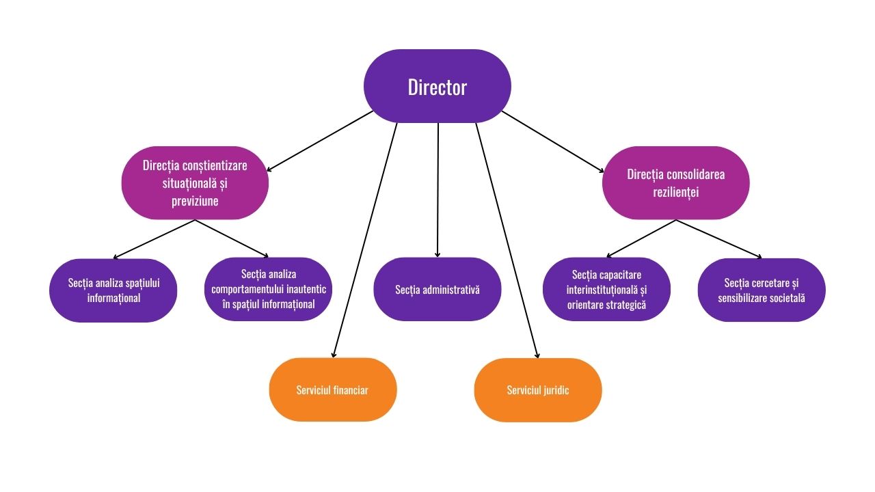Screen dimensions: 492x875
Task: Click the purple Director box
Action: point(437,87)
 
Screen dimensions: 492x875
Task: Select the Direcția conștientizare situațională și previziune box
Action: point(195,183)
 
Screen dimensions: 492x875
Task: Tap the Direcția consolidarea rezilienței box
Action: point(675,183)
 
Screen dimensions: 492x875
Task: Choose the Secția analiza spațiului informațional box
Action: point(113,290)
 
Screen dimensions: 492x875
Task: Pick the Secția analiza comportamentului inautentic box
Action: point(268,289)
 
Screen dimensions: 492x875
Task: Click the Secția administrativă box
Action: point(437,289)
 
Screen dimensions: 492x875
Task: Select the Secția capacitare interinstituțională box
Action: point(606,289)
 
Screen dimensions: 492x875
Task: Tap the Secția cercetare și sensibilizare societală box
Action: point(761,290)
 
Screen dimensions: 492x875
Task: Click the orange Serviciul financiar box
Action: point(332,389)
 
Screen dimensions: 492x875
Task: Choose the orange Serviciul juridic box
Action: point(537,389)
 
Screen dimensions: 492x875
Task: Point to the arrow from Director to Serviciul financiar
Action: point(364,239)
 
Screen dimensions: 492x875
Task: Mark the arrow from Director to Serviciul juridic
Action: point(507,239)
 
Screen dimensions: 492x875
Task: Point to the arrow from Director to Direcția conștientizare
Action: point(320,141)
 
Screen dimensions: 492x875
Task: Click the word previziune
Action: point(195,202)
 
